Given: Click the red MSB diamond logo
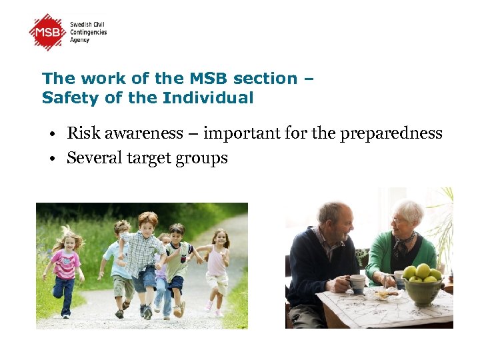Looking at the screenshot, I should click(x=48, y=32).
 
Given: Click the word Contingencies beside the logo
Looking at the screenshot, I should click(x=89, y=32).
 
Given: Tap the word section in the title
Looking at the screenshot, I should click(x=262, y=78).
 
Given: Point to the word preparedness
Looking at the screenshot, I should click(x=391, y=134).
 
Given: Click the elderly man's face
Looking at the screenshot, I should click(x=337, y=224).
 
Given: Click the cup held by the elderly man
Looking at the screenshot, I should click(x=358, y=283).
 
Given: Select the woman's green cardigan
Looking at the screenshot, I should click(x=383, y=257).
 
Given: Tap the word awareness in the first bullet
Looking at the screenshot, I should click(x=139, y=134).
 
